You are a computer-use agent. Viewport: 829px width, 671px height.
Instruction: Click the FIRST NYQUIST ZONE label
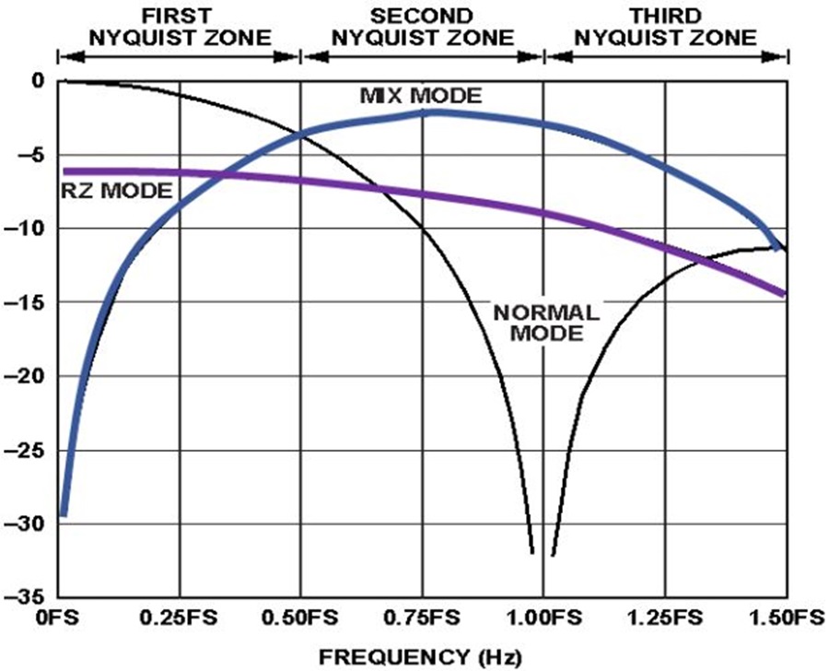pos(179,27)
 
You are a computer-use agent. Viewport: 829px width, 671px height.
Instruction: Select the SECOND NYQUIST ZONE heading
pos(422,27)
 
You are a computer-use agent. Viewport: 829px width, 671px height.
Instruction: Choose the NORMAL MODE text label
pos(547,323)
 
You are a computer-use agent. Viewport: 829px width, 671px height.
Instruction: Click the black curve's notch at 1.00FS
pos(543,553)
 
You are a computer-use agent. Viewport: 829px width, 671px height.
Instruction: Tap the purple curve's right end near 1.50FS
pos(783,294)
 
